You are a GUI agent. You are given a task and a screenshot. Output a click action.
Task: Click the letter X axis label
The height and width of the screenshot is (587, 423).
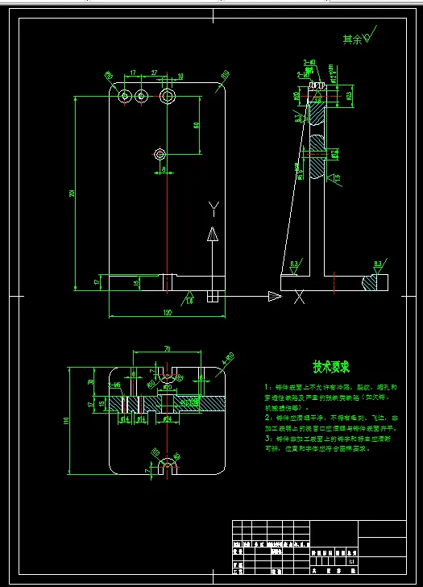tap(299, 297)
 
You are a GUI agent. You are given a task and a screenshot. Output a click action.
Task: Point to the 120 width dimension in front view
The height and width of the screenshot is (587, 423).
tap(167, 312)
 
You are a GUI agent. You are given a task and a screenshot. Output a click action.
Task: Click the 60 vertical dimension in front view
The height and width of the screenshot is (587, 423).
tap(196, 125)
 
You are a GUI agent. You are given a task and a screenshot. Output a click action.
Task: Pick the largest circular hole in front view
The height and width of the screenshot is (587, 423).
tap(168, 97)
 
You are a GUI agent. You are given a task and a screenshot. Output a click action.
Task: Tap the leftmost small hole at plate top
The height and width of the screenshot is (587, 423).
tap(124, 97)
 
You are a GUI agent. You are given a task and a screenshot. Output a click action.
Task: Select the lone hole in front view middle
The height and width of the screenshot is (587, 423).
tap(161, 153)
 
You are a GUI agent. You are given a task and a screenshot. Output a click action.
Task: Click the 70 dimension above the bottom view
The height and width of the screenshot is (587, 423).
tap(167, 349)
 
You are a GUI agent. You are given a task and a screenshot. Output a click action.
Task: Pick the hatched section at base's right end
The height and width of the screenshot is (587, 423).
tap(373, 282)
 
